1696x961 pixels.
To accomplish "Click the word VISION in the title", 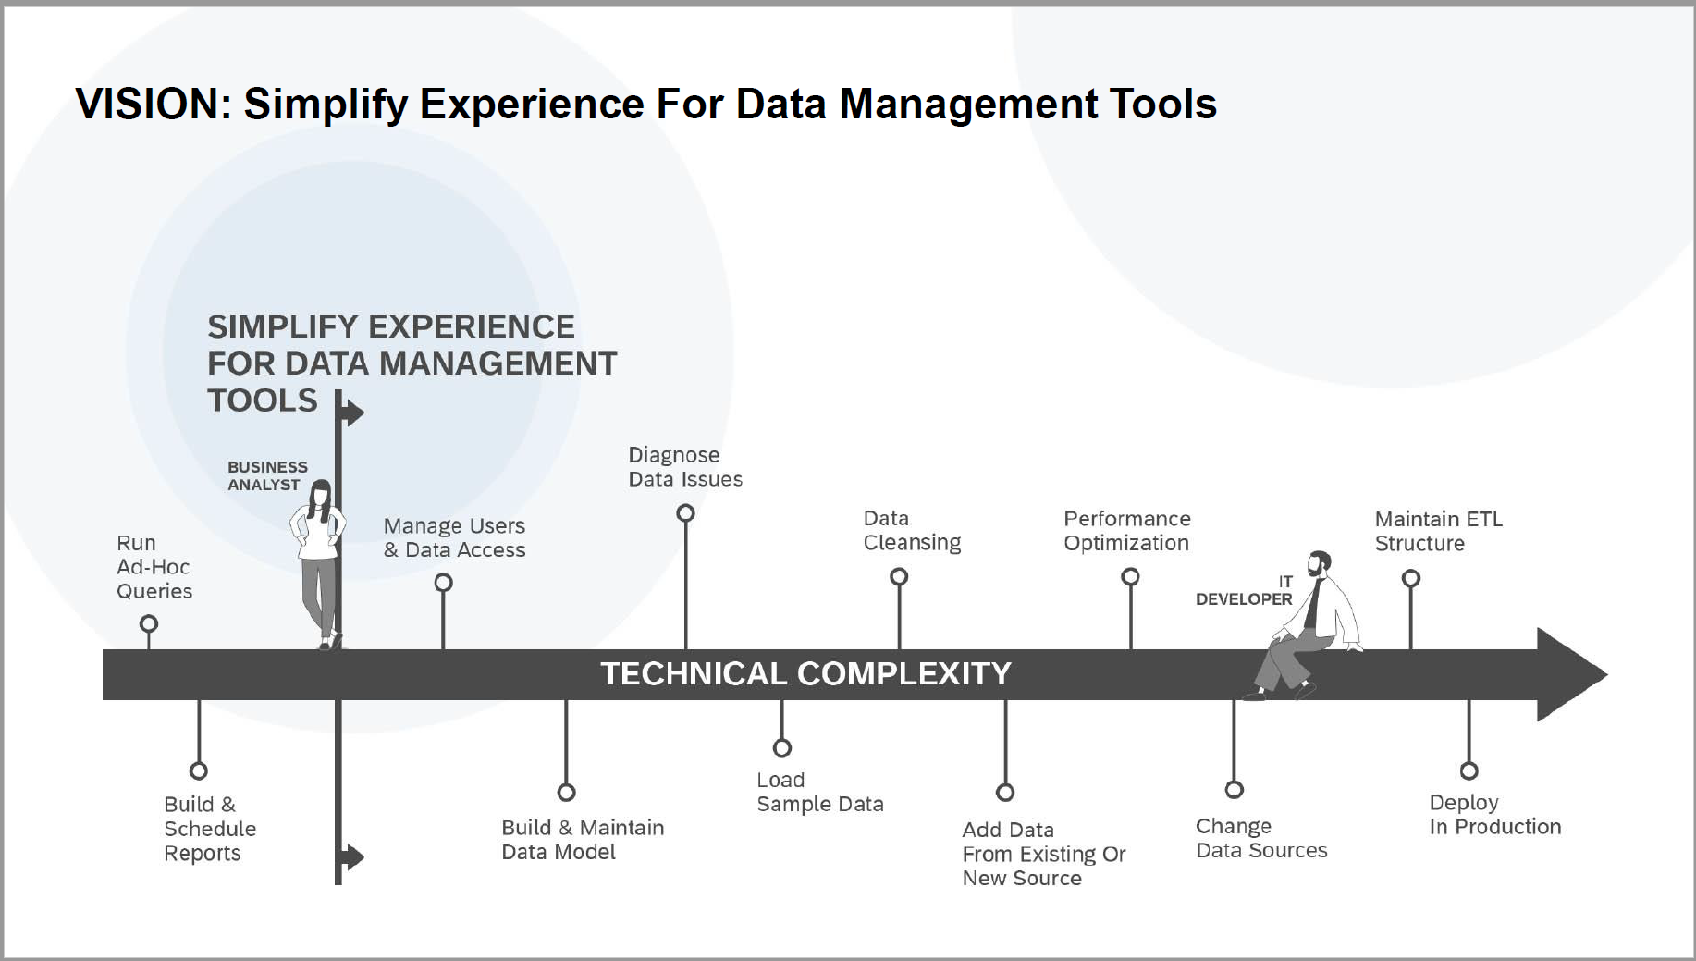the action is (152, 104).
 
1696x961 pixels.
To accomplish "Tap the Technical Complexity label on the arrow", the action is (805, 673).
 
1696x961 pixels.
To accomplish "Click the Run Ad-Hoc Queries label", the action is (154, 567).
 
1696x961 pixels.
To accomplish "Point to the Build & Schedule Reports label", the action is (210, 829).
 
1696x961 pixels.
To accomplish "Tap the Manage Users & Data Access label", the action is (454, 537).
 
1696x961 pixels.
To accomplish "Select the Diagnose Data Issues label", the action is (685, 467).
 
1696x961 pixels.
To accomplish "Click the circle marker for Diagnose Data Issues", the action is (685, 512).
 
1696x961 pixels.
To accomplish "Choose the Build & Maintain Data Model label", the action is (583, 840).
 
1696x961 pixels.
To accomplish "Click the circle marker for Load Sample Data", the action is (782, 747).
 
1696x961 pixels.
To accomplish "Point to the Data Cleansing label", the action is (912, 530).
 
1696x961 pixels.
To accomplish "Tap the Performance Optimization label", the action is (1127, 531).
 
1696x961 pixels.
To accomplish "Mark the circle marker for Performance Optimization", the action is (1130, 577).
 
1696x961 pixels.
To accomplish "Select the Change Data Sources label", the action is (1261, 838).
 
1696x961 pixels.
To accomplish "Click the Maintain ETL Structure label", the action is (1439, 531).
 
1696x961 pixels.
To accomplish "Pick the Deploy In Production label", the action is (1495, 815).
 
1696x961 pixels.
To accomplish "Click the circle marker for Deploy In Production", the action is (1469, 770).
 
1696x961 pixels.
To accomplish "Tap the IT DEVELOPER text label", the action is (1244, 590).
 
